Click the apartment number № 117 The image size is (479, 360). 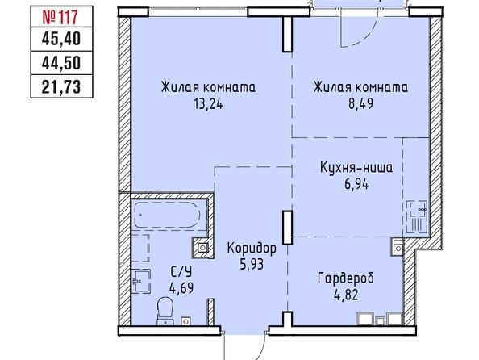point(60,18)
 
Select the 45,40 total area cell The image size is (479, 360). point(61,40)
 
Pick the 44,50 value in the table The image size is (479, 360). point(61,63)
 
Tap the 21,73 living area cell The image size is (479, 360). point(61,87)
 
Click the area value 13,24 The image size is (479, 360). point(208,104)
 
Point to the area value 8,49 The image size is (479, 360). point(360,104)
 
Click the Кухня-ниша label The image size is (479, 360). point(356,168)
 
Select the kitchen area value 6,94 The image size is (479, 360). point(356,184)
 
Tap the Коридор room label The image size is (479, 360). point(252,249)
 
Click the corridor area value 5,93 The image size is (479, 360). point(252,265)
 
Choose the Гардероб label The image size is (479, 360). point(346,278)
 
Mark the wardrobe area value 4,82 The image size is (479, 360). point(346,295)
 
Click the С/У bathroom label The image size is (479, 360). point(181,271)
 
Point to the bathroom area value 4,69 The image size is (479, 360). point(181,288)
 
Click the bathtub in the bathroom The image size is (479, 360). point(167,215)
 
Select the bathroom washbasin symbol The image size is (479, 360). point(141,282)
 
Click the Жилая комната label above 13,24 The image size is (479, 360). point(208,87)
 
